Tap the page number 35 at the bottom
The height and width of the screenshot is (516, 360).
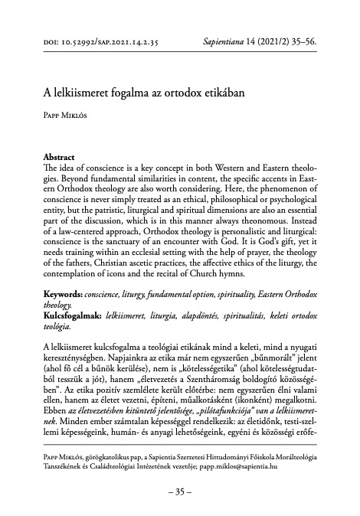[x=180, y=492]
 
